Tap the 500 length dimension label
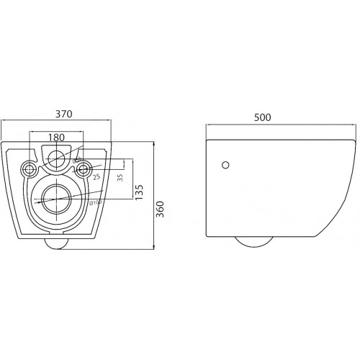pyautogui.click(x=282, y=117)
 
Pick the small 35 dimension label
pyautogui.click(x=120, y=177)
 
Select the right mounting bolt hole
pyautogui.click(x=84, y=170)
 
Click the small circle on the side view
pyautogui.click(x=226, y=165)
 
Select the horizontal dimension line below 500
pyautogui.click(x=282, y=126)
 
